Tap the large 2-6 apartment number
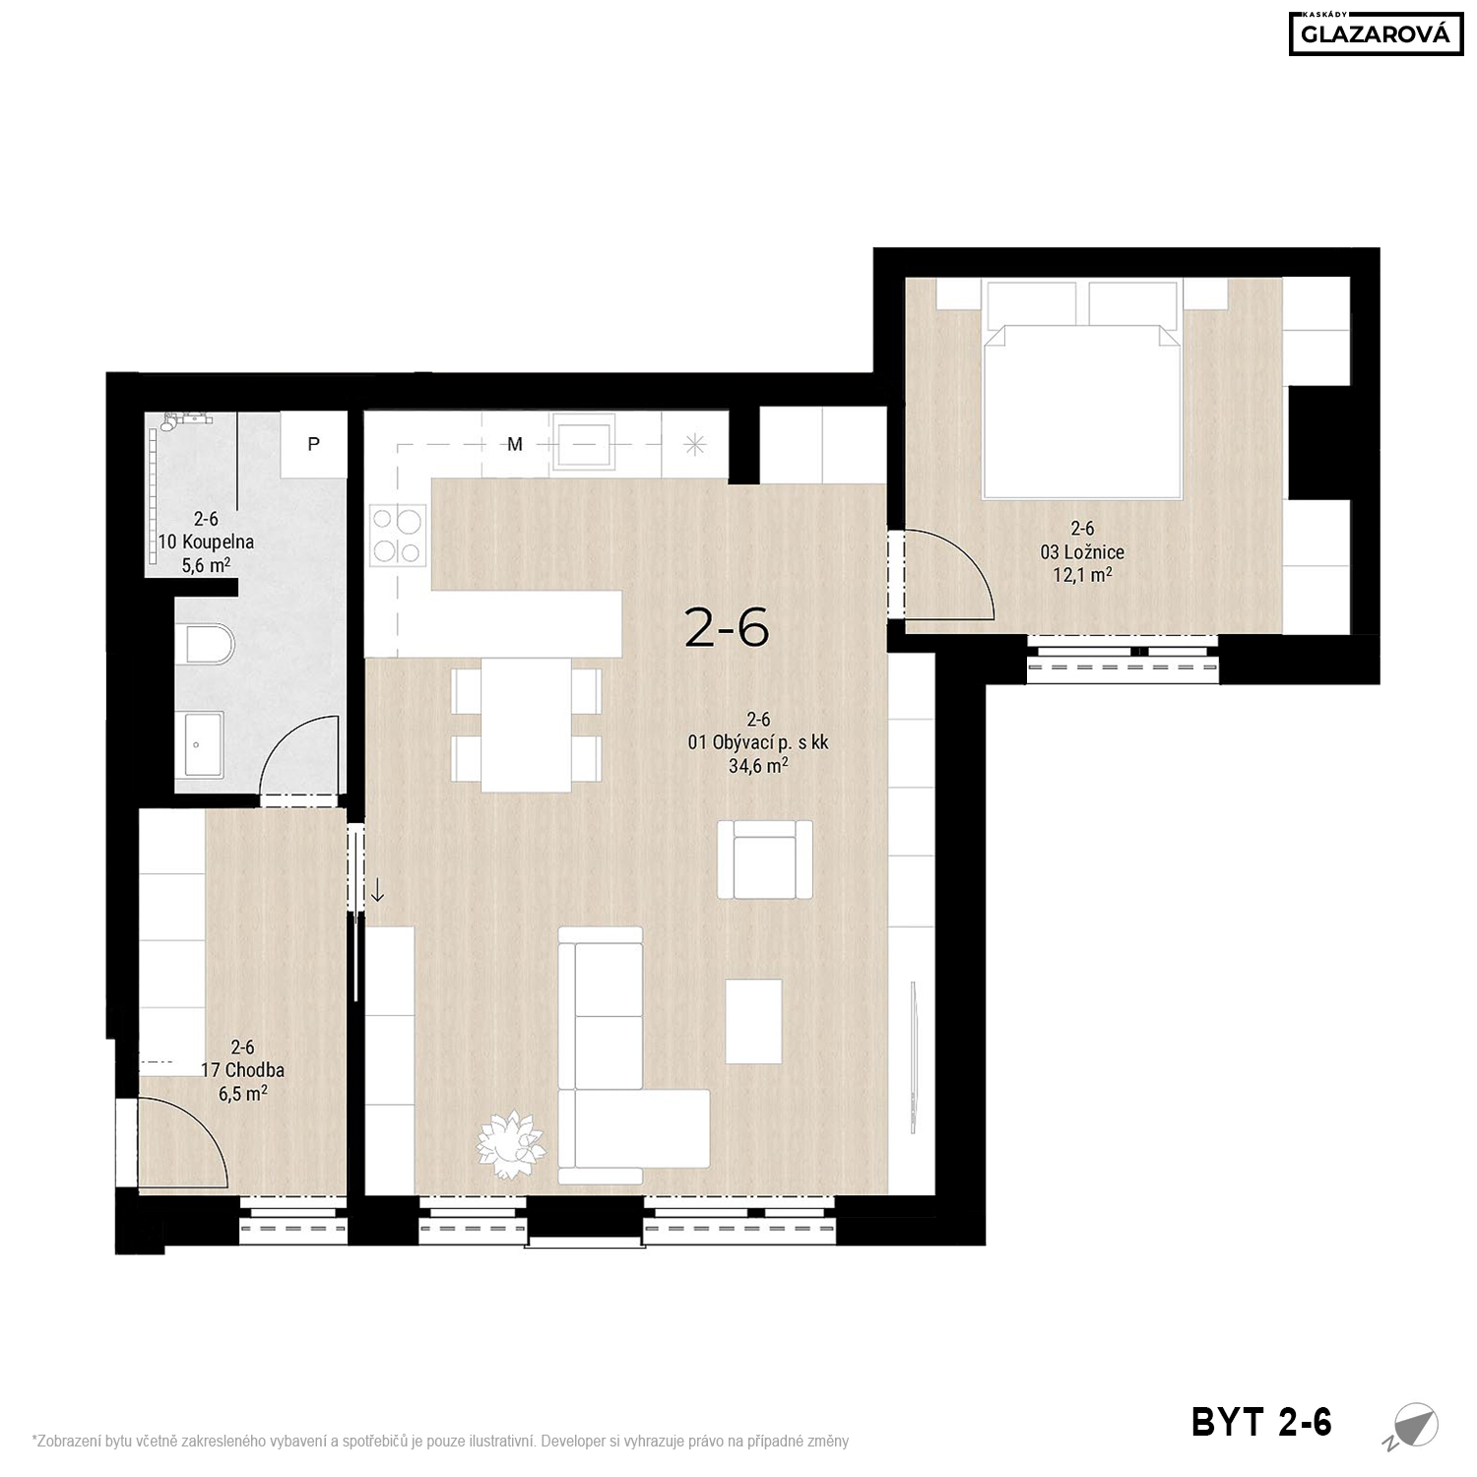click(727, 627)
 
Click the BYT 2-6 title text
click(1261, 1422)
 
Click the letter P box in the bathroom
click(313, 444)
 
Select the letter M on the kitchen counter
click(515, 444)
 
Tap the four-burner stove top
click(398, 536)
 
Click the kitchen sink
click(585, 443)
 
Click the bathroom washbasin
click(204, 745)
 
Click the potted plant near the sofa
click(511, 1145)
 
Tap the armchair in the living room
click(765, 860)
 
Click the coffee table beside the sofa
click(754, 1021)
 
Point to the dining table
click(527, 724)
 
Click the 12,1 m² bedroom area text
click(1083, 574)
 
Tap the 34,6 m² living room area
click(758, 765)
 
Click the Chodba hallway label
click(242, 1070)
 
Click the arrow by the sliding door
click(377, 890)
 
